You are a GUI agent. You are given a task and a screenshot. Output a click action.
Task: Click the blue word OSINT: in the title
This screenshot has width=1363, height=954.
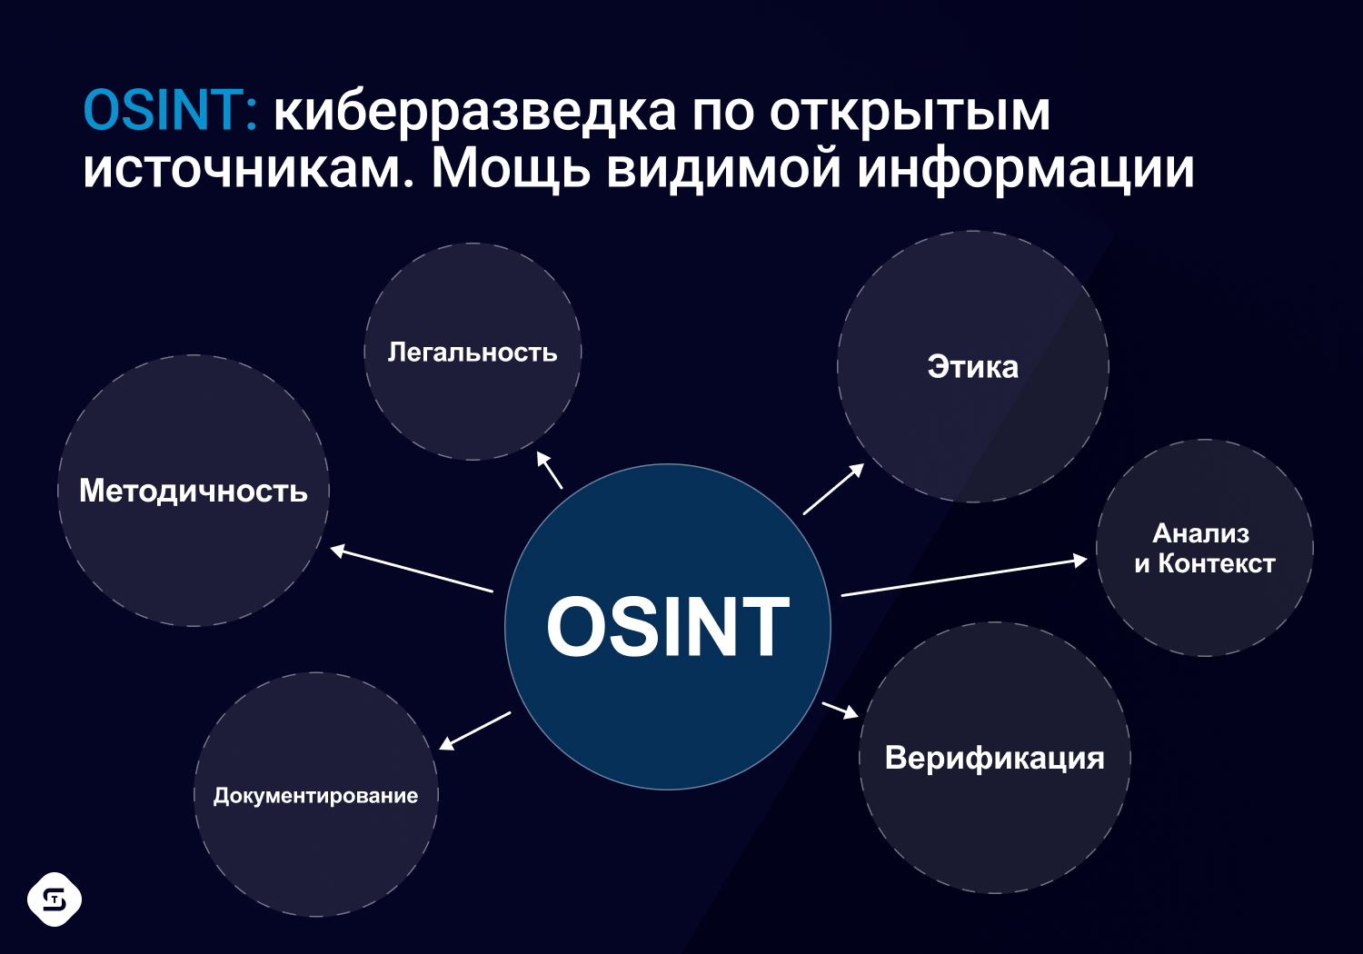pos(170,110)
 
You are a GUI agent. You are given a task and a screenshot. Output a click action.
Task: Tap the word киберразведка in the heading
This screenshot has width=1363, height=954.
pos(474,114)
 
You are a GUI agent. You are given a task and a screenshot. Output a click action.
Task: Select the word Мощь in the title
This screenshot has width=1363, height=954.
pos(511,168)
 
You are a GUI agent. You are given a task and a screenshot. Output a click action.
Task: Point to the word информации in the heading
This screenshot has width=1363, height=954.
pos(1026,171)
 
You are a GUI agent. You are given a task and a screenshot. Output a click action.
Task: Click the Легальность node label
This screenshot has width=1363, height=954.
pos(473,353)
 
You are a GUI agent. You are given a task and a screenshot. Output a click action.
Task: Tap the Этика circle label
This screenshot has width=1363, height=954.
pos(972,367)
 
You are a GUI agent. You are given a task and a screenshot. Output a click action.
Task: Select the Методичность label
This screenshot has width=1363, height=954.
pos(194,492)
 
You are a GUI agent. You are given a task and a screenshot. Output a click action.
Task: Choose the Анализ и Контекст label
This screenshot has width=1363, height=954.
pos(1204,548)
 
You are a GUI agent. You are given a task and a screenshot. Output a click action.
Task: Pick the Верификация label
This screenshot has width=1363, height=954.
pos(994,759)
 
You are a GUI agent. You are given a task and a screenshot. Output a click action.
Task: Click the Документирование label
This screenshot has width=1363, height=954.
pos(316,796)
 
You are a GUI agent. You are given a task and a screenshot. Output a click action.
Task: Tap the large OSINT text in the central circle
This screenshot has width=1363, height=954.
pos(668,626)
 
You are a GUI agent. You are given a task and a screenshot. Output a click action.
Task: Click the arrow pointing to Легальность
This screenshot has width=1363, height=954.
pos(550,470)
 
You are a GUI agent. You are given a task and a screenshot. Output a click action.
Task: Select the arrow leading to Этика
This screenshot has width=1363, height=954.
pos(833,489)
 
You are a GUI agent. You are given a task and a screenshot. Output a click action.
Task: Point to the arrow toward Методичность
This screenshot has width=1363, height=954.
pos(412,569)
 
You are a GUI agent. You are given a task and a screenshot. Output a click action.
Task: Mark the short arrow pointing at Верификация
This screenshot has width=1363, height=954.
pos(841,710)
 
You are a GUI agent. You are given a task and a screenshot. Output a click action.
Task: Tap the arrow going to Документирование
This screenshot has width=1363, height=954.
pos(474,730)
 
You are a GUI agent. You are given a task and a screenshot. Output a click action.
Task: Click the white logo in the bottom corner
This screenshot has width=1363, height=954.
pos(55,899)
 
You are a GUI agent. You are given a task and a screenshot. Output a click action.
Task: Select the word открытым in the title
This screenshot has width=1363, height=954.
pos(910,114)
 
